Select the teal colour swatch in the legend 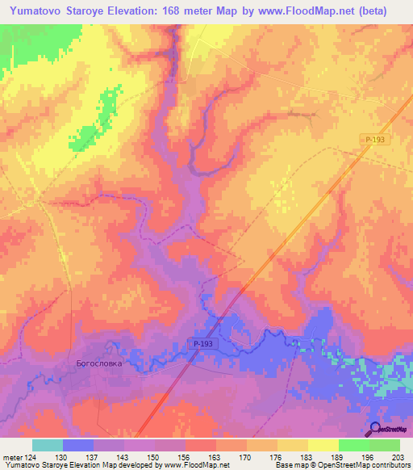[x=47, y=445]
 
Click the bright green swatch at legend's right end [x=384, y=445]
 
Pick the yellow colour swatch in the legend [x=293, y=445]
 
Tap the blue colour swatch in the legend [x=77, y=445]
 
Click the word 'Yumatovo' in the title [x=32, y=11]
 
